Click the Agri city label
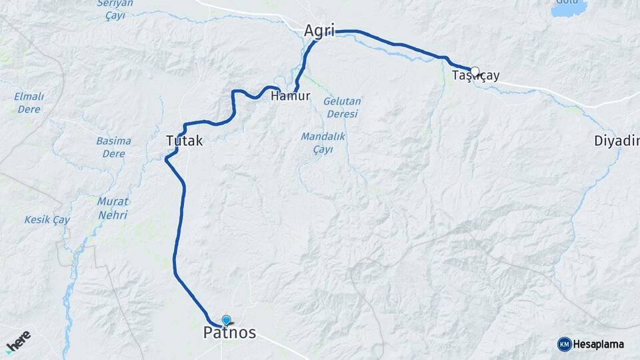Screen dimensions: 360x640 [x=319, y=31]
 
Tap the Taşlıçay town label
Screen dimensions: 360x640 [x=476, y=76]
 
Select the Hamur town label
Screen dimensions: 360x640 [x=291, y=96]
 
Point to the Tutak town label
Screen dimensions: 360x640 [x=184, y=141]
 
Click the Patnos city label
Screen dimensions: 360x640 [x=229, y=333]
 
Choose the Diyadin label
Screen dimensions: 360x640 [x=617, y=141]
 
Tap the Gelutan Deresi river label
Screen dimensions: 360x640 [x=342, y=107]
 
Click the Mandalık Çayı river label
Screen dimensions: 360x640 [x=322, y=143]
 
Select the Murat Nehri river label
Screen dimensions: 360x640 [x=113, y=208]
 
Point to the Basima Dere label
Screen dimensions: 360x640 [x=113, y=147]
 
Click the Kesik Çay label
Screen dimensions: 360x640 [x=47, y=219]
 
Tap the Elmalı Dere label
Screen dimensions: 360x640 [x=29, y=103]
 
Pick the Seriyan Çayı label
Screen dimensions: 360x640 [x=115, y=9]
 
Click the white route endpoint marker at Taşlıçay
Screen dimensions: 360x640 [x=475, y=71]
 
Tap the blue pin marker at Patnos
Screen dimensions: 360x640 [x=226, y=321]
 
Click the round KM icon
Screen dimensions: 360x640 [x=564, y=344]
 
